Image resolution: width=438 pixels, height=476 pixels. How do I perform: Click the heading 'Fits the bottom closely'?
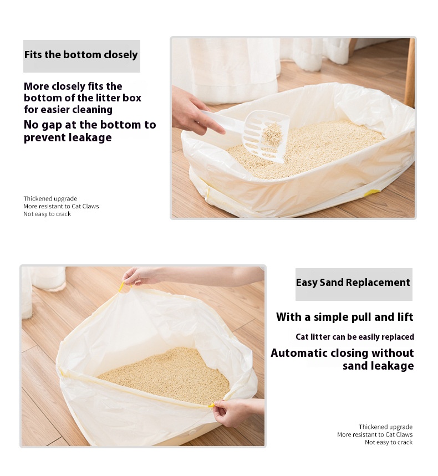pos(81,55)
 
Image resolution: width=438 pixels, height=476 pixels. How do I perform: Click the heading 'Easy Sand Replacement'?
pos(353,283)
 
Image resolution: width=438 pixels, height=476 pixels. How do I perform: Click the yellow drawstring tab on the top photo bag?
pos(373,192)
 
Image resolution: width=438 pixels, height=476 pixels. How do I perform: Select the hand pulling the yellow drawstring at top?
pos(138,277)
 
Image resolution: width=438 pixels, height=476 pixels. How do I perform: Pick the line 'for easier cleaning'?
pos(68,110)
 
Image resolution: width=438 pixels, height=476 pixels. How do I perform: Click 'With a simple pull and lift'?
pos(345,317)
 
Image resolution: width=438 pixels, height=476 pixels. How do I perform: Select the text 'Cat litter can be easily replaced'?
pos(355,337)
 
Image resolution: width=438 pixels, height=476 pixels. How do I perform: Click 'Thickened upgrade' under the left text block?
pos(50,198)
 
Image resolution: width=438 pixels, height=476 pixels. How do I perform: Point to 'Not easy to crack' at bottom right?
pos(389,442)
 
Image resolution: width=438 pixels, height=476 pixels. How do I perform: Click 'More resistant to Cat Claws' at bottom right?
pos(375,434)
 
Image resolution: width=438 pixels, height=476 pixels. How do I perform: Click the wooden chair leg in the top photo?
pos(410,73)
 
